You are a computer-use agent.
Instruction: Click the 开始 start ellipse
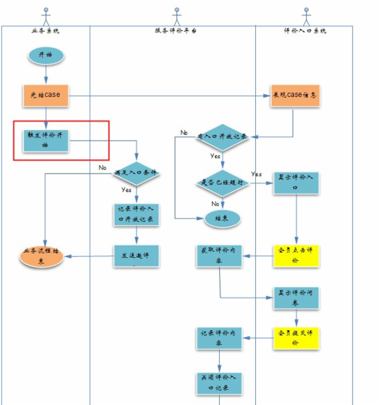click(46, 55)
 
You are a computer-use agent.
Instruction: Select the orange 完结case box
click(45, 95)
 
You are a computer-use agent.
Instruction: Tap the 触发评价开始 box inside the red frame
click(46, 140)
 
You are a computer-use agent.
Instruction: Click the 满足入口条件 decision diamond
click(136, 172)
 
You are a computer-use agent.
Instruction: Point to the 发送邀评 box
click(136, 256)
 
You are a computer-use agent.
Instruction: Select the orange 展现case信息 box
click(295, 96)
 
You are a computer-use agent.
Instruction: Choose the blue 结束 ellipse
click(222, 218)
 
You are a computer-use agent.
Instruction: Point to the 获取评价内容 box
click(219, 255)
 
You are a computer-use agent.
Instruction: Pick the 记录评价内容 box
click(219, 338)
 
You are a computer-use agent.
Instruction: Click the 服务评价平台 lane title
click(176, 30)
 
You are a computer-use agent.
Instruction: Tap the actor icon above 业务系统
click(45, 15)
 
